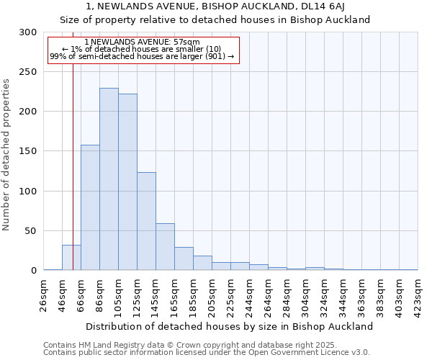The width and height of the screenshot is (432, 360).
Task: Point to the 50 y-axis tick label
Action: point(31,231)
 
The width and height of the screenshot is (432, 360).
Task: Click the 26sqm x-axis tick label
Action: point(44,294)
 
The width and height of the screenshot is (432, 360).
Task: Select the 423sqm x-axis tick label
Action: point(418,294)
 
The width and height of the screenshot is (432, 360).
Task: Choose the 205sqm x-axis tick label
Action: point(212,294)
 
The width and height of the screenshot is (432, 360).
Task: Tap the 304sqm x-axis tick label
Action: point(305,294)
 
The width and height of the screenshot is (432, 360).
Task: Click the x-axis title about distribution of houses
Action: point(230,326)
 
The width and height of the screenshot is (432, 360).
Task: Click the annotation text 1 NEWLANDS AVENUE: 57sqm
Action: point(142,42)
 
